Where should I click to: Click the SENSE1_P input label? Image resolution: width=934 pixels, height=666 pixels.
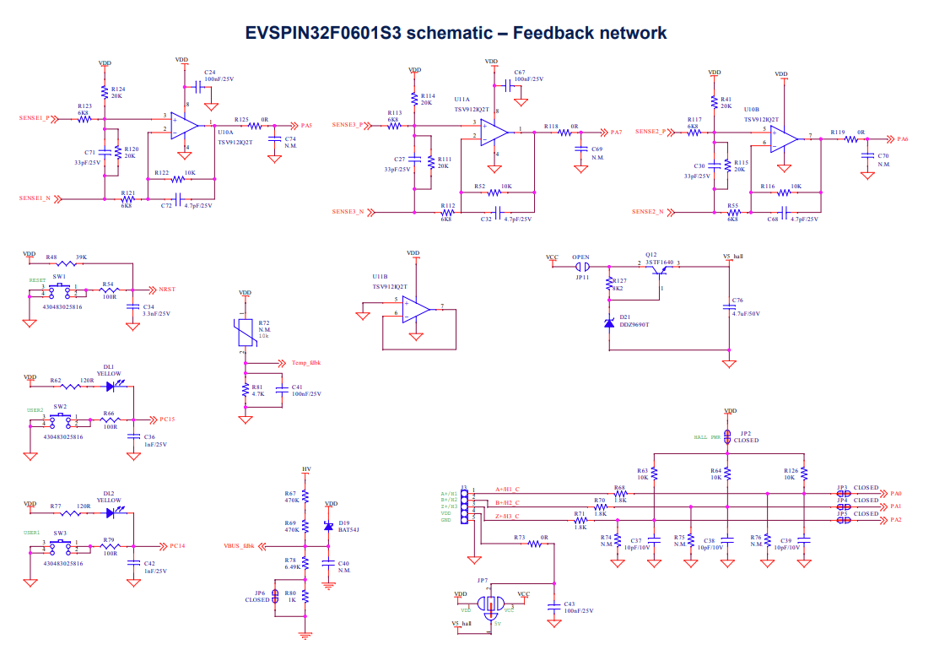(34, 118)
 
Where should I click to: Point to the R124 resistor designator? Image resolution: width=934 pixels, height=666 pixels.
(118, 89)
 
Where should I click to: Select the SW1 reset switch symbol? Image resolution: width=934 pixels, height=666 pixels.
(59, 290)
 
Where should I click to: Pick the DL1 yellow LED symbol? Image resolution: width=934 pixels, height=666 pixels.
(111, 387)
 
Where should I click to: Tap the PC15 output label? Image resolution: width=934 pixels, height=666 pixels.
(167, 419)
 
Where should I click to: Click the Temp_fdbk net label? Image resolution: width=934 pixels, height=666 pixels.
(305, 363)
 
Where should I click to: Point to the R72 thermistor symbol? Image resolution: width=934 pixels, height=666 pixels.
(246, 331)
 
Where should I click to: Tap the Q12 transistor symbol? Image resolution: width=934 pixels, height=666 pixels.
(658, 268)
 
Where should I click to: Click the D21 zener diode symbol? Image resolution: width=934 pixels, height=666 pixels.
(610, 322)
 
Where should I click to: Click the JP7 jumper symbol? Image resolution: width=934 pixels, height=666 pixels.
(489, 604)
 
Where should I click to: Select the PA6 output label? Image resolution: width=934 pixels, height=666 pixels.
(902, 138)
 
